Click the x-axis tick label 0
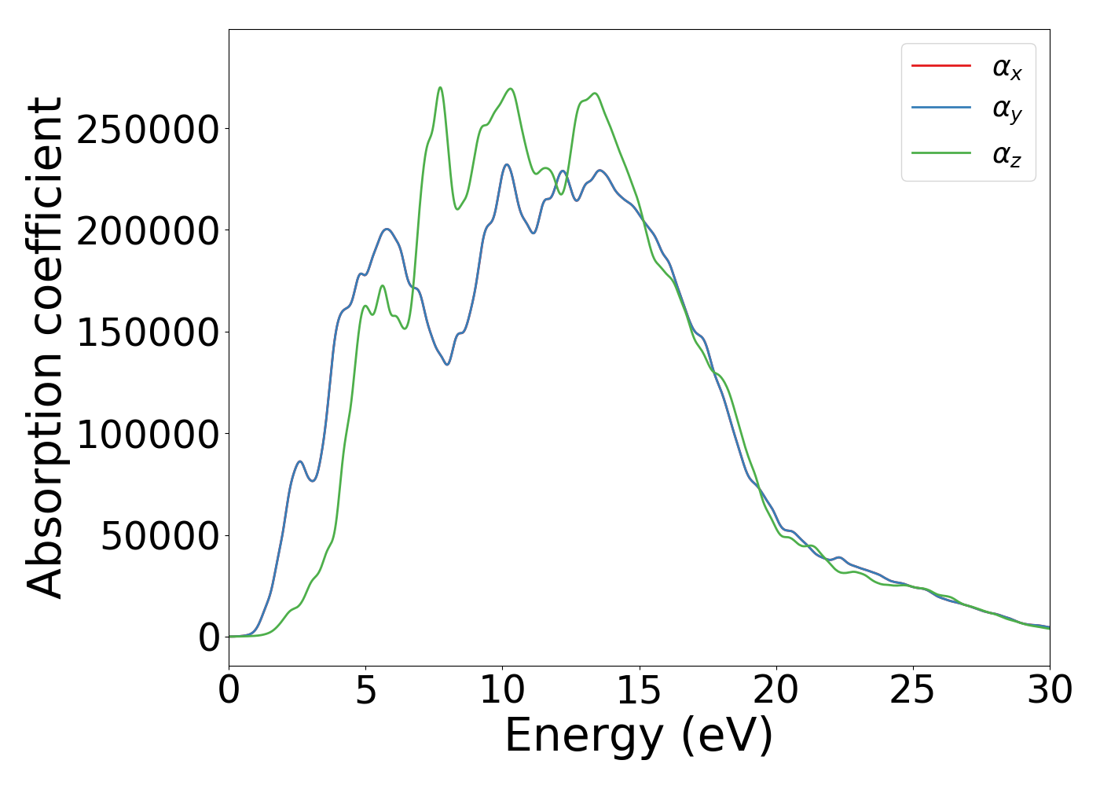pos(229,690)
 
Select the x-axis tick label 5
pos(365,690)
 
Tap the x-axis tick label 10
pos(502,690)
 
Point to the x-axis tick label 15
pos(639,690)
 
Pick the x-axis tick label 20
pos(775,690)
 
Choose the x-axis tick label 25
pos(912,690)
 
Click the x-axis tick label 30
pos(1049,690)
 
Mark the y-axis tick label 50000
pos(159,536)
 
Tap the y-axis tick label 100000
pos(148,434)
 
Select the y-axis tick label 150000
pos(148,332)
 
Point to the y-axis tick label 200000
pos(148,231)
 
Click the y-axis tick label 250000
pos(148,130)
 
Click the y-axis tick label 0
pos(209,637)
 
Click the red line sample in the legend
pos(940,66)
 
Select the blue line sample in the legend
pos(940,108)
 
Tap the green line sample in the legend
pos(940,152)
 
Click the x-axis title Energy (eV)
pos(639,736)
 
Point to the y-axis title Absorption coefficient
pos(45,347)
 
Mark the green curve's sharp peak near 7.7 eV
pos(440,87)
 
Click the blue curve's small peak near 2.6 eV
pos(299,461)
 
